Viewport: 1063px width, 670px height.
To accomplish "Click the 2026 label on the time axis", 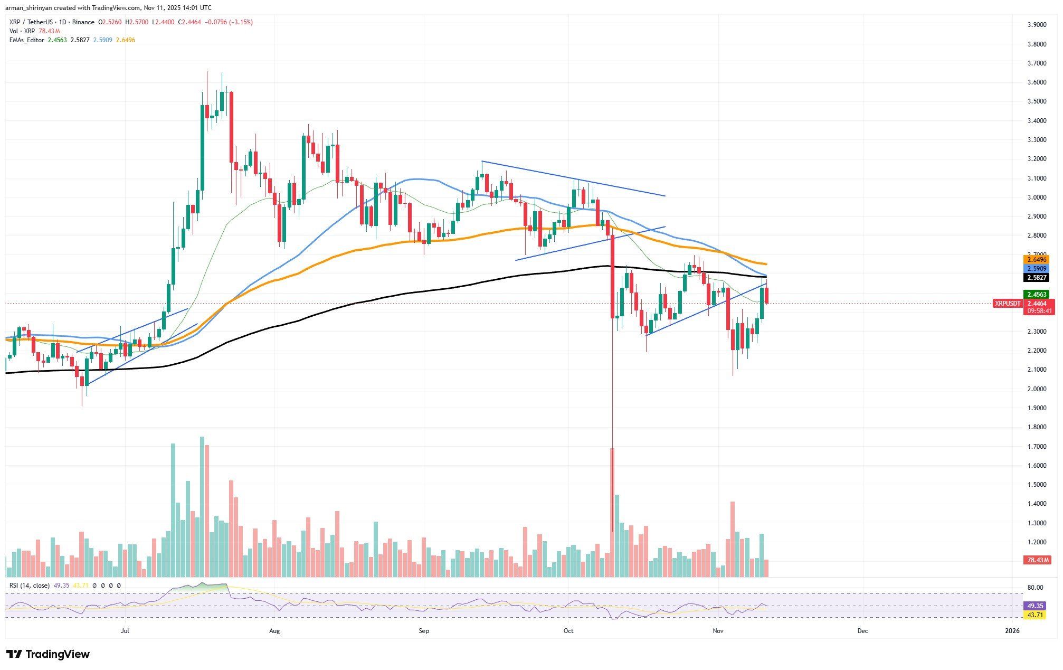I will click(x=1012, y=630).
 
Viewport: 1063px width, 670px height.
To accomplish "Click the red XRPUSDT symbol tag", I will click(x=1007, y=304).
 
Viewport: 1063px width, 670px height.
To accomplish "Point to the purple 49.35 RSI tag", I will click(x=1033, y=606).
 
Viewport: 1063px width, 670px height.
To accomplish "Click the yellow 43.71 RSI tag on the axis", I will click(x=1033, y=615).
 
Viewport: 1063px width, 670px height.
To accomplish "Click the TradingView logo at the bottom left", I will click(x=48, y=655).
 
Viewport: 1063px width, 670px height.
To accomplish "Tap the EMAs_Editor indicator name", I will click(x=27, y=40).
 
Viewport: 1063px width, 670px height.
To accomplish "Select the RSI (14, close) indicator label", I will click(x=30, y=586).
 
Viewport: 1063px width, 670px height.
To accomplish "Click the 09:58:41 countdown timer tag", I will click(x=1038, y=311).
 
